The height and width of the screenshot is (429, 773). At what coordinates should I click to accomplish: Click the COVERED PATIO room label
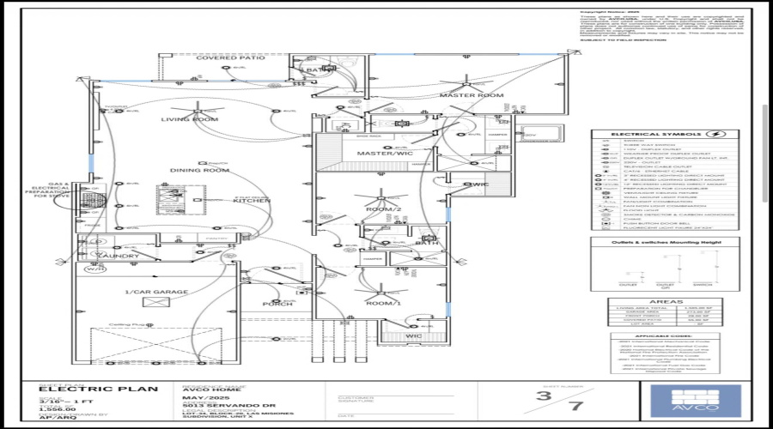click(218, 58)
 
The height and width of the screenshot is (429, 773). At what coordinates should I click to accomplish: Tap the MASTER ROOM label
click(471, 95)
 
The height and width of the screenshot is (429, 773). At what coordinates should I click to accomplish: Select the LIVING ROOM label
click(190, 119)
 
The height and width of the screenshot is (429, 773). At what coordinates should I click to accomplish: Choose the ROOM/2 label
click(384, 209)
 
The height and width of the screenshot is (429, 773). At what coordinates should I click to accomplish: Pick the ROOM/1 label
click(384, 304)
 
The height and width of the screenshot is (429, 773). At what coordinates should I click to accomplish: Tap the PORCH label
click(277, 304)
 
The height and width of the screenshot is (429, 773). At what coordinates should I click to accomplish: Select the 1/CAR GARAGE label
click(156, 293)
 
